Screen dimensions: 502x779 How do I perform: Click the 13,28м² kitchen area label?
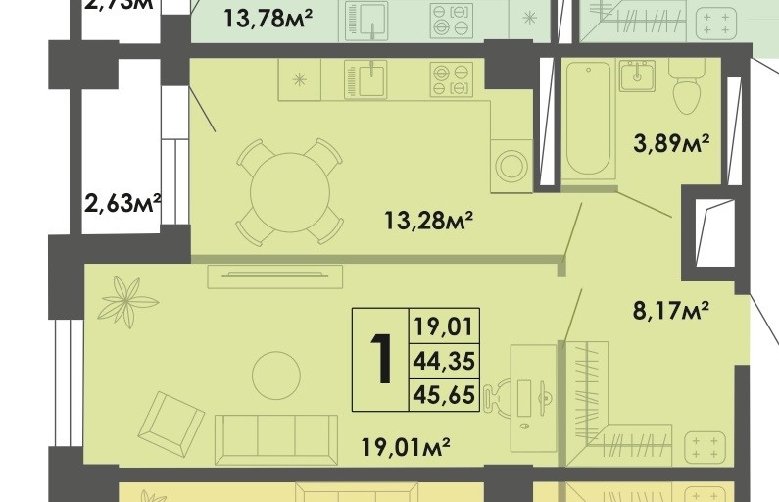click(429, 222)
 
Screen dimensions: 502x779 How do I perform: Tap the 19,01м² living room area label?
click(404, 448)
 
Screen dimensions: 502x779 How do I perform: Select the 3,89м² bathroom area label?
click(671, 145)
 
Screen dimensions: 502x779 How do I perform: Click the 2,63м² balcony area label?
click(122, 204)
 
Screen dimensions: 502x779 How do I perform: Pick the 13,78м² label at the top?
click(268, 17)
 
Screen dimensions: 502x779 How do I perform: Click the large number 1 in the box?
click(382, 360)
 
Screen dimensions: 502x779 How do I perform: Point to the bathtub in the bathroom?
click(588, 118)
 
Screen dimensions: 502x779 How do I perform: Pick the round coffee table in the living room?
click(275, 373)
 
